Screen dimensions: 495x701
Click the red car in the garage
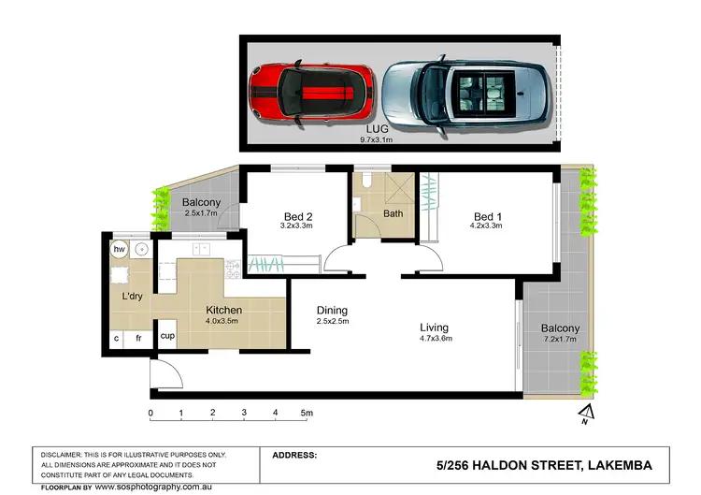point(311,94)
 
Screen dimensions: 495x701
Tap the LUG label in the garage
point(377,131)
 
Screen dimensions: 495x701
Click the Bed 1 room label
point(486,214)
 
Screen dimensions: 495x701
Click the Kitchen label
point(223,311)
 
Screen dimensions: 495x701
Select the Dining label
point(331,311)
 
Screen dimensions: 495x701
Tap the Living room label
point(436,328)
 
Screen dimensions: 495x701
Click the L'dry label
point(132,297)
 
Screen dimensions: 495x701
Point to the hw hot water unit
point(120,250)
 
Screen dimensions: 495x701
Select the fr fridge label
point(138,338)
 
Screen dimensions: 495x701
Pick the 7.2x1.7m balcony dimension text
point(559,341)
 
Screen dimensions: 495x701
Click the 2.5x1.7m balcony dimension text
point(201,214)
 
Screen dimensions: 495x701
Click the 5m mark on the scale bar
point(307,413)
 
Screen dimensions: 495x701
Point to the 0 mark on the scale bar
point(150,413)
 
